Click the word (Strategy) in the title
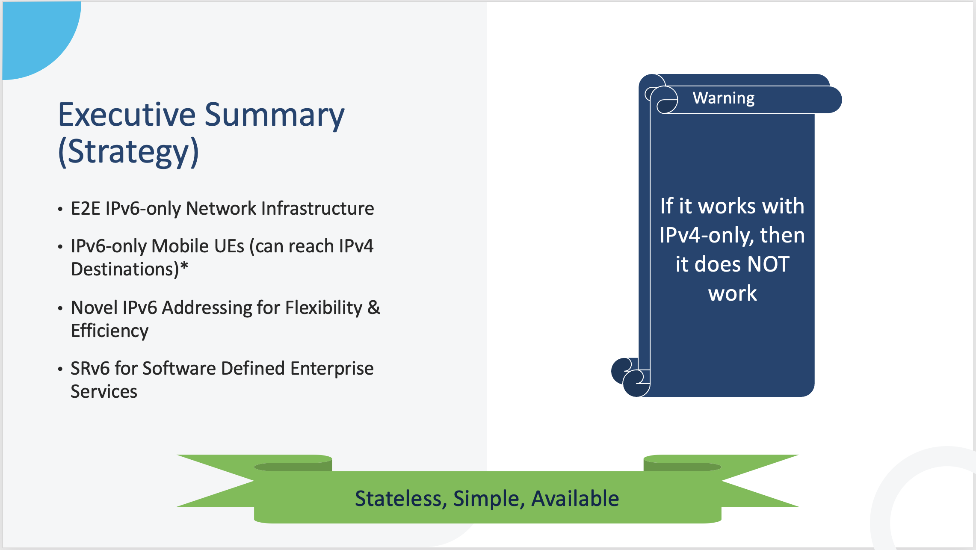point(129,152)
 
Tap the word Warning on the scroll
point(724,99)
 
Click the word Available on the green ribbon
point(575,498)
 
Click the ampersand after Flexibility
point(374,308)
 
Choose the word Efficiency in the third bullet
point(110,331)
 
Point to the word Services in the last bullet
point(104,391)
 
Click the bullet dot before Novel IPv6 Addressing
point(60,308)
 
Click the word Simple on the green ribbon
point(489,499)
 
